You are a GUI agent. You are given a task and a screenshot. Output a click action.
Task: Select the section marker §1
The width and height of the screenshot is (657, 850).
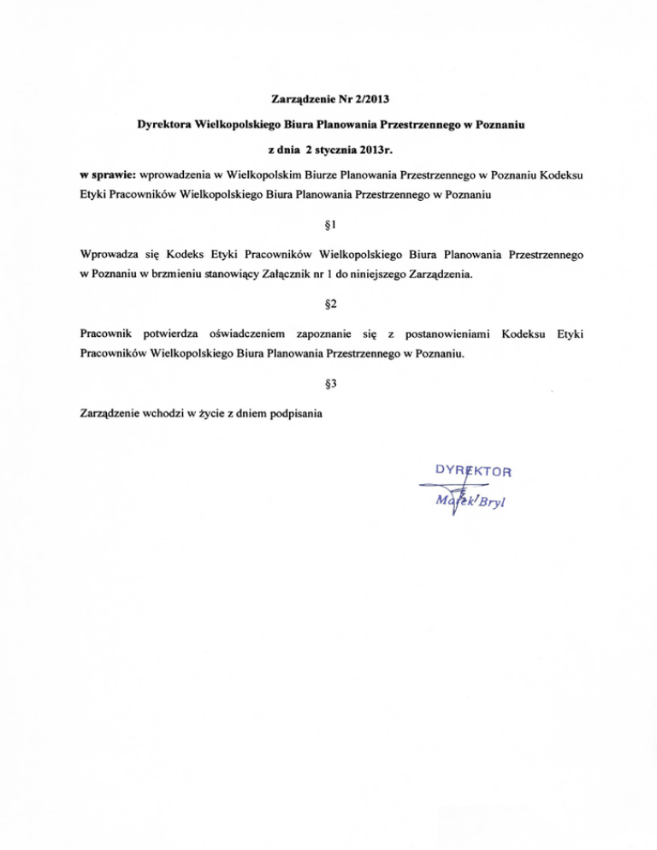[328, 225]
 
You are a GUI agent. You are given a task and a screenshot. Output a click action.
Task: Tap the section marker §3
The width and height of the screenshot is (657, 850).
[328, 384]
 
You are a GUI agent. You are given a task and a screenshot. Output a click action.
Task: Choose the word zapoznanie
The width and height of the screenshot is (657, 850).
[325, 331]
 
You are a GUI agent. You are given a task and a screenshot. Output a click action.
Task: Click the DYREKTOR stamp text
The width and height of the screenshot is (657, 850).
[473, 470]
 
